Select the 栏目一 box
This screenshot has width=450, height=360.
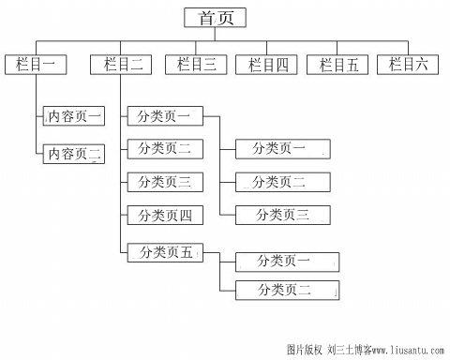(x=36, y=65)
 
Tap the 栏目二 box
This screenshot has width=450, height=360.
(x=122, y=65)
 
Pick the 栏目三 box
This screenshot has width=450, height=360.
(x=196, y=65)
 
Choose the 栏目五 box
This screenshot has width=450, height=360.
(x=338, y=65)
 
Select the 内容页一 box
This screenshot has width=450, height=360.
(x=75, y=117)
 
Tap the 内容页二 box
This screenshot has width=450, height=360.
(x=75, y=153)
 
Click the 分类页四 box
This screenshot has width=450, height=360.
(x=164, y=216)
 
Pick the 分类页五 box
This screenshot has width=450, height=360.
(x=164, y=251)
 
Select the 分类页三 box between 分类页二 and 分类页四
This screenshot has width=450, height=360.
(x=164, y=182)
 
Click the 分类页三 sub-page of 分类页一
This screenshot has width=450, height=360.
(x=282, y=216)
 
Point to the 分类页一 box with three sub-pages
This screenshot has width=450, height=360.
(x=164, y=116)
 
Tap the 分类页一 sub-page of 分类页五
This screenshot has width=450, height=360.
(x=285, y=262)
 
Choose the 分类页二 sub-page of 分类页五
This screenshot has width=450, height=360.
(x=285, y=291)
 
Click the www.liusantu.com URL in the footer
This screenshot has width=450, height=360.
(x=403, y=350)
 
